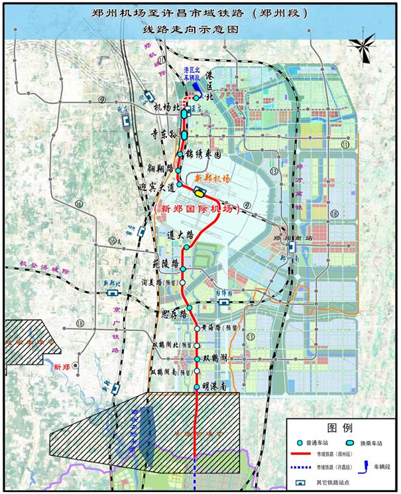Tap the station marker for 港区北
(x=197, y=97)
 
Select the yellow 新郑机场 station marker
(x=200, y=192)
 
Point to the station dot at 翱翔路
(x=178, y=170)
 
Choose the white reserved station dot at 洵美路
(x=183, y=284)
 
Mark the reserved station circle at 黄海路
(x=197, y=328)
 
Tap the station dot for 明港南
(x=197, y=387)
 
